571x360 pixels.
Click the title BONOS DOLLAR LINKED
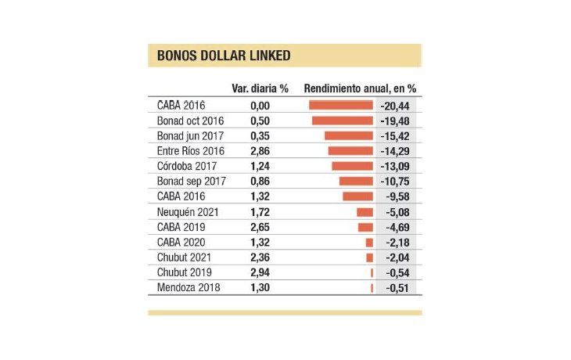click(213, 56)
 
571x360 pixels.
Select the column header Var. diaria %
click(260, 88)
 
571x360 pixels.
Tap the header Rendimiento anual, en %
click(360, 88)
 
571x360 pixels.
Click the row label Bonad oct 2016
click(191, 121)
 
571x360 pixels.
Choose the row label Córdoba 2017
click(187, 166)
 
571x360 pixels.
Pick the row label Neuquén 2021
click(189, 212)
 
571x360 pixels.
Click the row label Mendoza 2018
click(189, 288)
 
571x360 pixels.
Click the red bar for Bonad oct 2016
click(343, 121)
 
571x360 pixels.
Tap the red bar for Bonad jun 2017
click(349, 135)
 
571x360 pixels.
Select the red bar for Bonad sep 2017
click(357, 182)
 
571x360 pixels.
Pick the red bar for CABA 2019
click(365, 227)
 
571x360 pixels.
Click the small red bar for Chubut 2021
click(370, 257)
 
